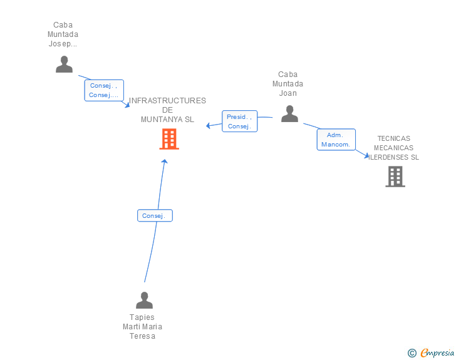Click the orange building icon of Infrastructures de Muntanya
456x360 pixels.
click(x=169, y=139)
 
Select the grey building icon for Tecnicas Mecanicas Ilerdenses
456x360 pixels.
click(x=395, y=177)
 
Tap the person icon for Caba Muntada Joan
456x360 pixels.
click(x=289, y=114)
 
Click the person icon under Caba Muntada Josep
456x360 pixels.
click(x=65, y=64)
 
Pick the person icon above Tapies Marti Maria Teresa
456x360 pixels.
click(x=144, y=300)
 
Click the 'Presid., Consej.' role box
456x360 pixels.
click(x=240, y=121)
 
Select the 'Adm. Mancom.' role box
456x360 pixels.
click(x=336, y=140)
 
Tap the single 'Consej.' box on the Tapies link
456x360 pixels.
click(x=155, y=215)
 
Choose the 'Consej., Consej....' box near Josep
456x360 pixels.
click(x=104, y=90)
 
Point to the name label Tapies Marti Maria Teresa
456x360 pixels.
click(x=142, y=327)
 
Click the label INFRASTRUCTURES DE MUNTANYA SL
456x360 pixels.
click(x=167, y=110)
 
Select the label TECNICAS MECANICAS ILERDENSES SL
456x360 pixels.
click(x=393, y=148)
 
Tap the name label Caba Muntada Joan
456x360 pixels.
click(x=288, y=84)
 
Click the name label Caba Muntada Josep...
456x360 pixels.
click(x=63, y=34)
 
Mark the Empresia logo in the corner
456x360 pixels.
click(x=437, y=352)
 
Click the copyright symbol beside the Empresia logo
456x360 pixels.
click(x=412, y=353)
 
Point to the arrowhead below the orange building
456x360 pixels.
click(x=165, y=161)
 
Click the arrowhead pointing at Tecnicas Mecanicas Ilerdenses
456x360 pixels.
click(x=366, y=155)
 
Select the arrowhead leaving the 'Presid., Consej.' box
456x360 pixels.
click(x=208, y=126)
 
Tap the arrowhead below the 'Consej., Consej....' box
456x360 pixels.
click(x=127, y=105)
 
